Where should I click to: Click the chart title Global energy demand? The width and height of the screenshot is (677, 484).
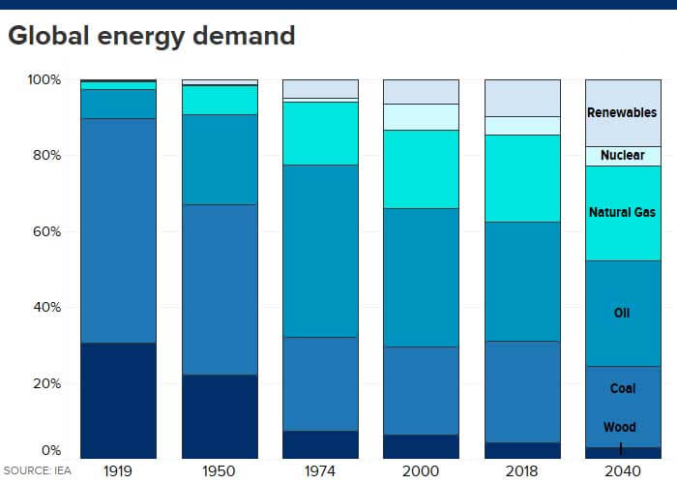pos(152,37)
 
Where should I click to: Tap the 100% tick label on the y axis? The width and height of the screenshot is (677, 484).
pos(44,79)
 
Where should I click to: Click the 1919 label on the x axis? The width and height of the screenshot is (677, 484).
pos(118,470)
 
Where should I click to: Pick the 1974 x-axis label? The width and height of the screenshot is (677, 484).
pos(320,470)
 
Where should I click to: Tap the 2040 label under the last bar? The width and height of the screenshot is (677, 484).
pos(622,470)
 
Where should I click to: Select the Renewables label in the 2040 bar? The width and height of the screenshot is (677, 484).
pos(622,112)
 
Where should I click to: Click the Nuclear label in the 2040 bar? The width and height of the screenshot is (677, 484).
pos(622,155)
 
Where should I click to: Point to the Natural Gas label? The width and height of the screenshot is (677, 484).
pos(622,212)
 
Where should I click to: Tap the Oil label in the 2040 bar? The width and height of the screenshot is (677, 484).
pos(622,313)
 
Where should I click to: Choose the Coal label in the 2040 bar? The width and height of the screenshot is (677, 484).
pos(622,389)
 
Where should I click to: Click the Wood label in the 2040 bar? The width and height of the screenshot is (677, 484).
pos(620,427)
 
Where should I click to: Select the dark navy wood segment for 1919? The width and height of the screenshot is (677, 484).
pos(118,400)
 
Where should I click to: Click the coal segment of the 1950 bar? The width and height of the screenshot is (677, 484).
pos(220,289)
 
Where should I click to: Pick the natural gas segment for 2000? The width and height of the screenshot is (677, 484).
pos(421,169)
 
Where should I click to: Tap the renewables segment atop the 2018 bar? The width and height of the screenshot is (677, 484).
pos(522,98)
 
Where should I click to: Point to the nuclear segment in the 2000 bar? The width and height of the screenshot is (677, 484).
pos(421,116)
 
